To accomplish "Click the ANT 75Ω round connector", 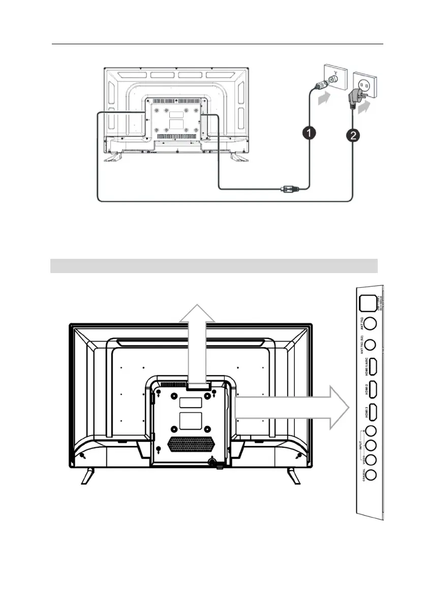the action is [371, 323].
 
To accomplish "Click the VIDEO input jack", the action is [371, 460].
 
